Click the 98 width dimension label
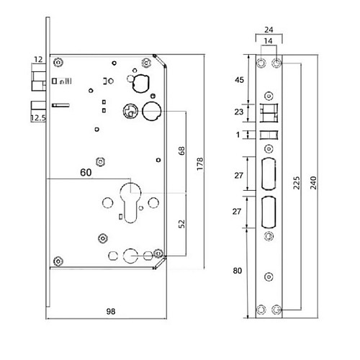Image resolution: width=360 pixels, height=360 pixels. coord(111,312)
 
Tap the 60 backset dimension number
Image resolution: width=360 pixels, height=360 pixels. coord(86,172)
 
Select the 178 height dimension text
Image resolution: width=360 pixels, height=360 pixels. coord(199,164)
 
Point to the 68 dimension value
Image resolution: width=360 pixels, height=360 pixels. coord(181,150)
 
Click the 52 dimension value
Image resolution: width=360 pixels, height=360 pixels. coord(181,224)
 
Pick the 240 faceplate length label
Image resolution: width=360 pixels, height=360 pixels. coord(313,183)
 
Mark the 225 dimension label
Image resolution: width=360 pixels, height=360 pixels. coord(297,183)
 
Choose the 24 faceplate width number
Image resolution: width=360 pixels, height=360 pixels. coord(269,30)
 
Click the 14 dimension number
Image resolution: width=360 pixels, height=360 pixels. coord(268,41)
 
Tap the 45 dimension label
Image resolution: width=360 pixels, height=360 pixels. coord(239,80)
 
